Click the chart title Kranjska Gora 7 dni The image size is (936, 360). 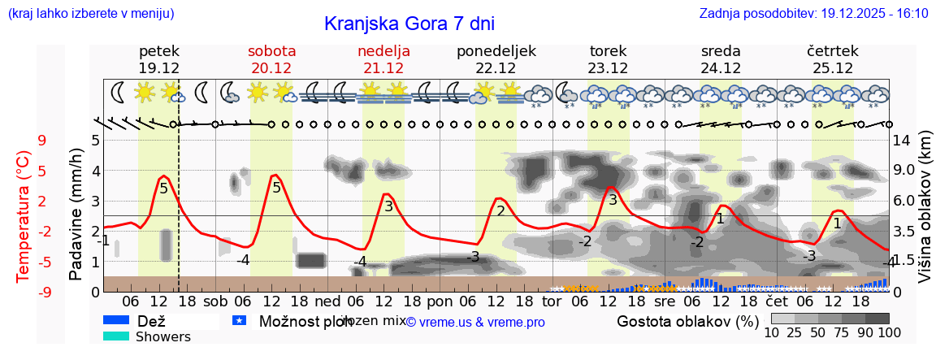tap(409, 24)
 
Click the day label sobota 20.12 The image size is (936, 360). tap(271, 59)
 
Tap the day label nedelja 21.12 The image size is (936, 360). tap(383, 59)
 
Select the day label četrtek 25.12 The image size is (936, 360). tap(832, 59)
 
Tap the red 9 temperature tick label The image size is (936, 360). tap(41, 140)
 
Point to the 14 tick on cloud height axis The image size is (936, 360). tap(902, 140)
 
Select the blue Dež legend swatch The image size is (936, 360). tap(116, 321)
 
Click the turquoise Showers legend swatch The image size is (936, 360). tap(116, 336)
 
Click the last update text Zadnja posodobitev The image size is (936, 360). tap(813, 13)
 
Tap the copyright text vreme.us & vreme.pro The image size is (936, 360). tap(475, 323)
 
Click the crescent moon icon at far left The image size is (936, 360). tap(118, 93)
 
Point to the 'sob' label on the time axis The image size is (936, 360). tap(215, 301)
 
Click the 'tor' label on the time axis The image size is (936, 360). tap(552, 301)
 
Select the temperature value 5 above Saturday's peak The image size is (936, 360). tap(276, 189)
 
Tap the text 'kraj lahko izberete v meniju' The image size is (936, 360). tap(90, 13)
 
